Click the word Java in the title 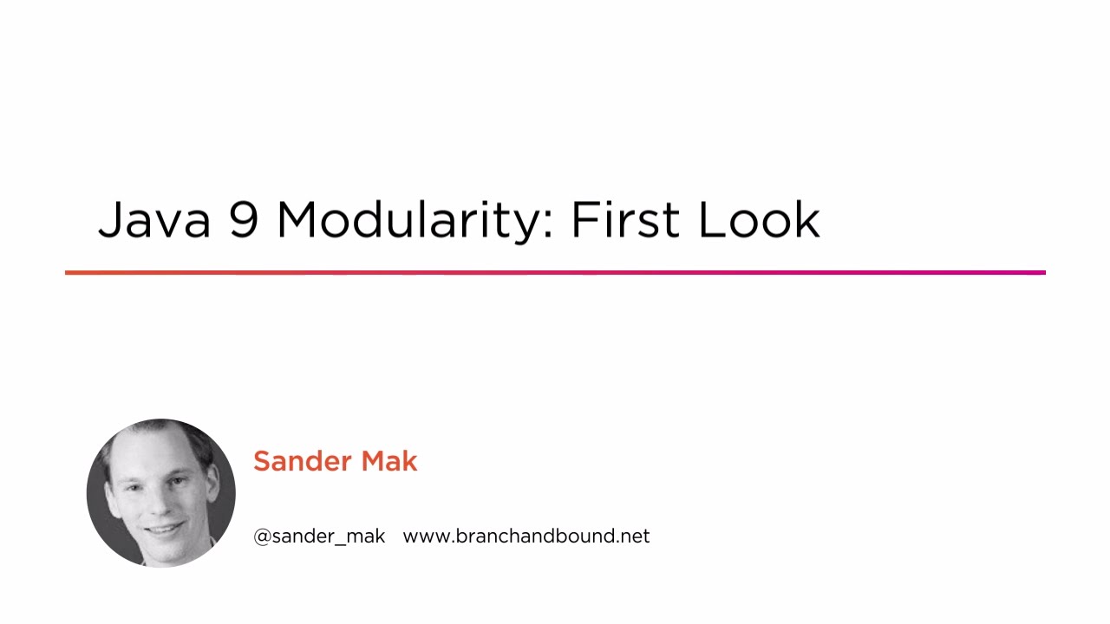154,220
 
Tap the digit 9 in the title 244,220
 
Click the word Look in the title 759,220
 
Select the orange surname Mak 389,461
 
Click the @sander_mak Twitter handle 319,536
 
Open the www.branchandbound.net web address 526,536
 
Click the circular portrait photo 161,493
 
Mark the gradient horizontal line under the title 555,273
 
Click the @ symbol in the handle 262,536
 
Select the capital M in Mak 373,461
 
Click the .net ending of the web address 634,536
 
